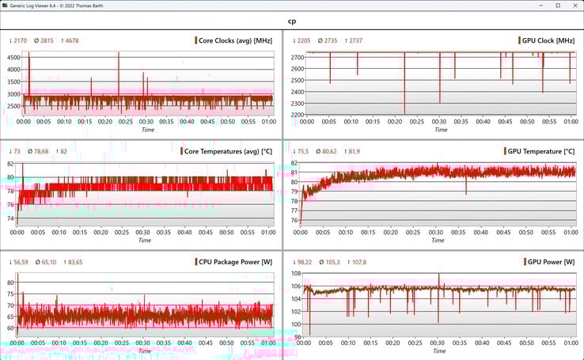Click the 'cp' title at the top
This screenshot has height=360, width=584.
(x=292, y=21)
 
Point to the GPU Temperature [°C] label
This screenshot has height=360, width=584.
(x=541, y=151)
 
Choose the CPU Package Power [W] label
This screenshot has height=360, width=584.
(x=236, y=262)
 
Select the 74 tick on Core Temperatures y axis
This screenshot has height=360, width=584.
(x=11, y=218)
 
